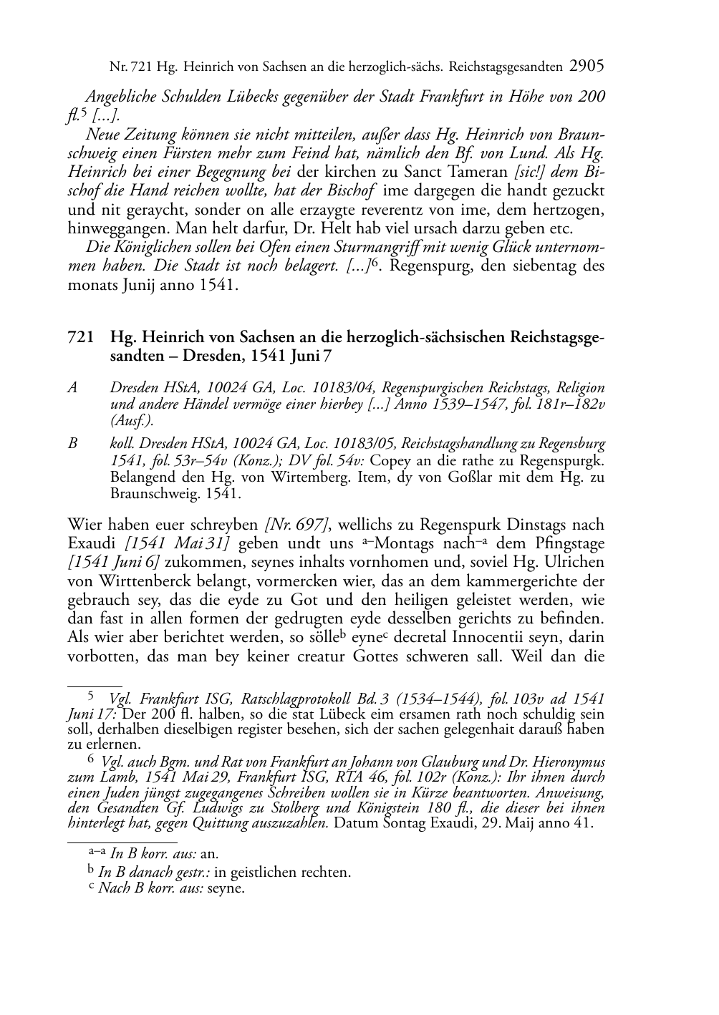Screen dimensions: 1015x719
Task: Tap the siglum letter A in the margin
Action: coord(72,388)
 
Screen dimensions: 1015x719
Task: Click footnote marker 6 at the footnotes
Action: coord(90,760)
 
